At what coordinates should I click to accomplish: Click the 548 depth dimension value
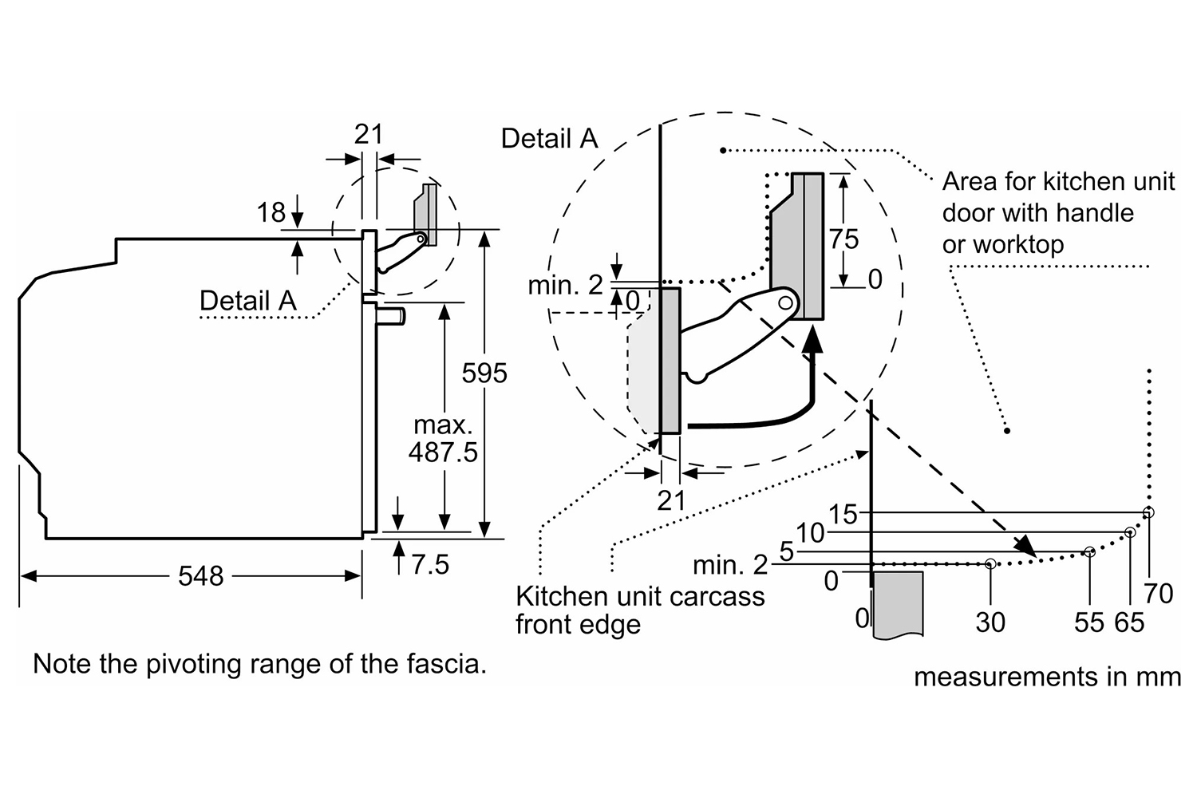coord(200,575)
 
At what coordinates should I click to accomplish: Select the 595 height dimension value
coord(484,373)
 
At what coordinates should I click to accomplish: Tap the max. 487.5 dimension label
coord(443,439)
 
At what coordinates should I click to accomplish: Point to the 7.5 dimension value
coord(430,565)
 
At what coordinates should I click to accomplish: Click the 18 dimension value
coord(271,212)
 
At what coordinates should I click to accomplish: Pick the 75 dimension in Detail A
coord(843,239)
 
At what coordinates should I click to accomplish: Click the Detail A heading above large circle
coord(549,139)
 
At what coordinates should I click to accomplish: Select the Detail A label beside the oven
coord(247,301)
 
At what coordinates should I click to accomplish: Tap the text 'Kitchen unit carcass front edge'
coord(639,610)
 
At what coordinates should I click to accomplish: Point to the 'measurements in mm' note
coord(1047,678)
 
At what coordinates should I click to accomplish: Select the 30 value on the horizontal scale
coord(990,622)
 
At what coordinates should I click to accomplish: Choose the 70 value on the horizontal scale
coord(1158,593)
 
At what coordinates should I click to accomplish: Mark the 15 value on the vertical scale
coord(843,514)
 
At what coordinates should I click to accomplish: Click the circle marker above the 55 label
coord(1089,551)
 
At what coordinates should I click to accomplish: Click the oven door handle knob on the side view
coord(394,317)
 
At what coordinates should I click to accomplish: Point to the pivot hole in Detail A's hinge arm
coord(785,302)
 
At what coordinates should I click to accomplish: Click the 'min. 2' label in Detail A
coord(565,285)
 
